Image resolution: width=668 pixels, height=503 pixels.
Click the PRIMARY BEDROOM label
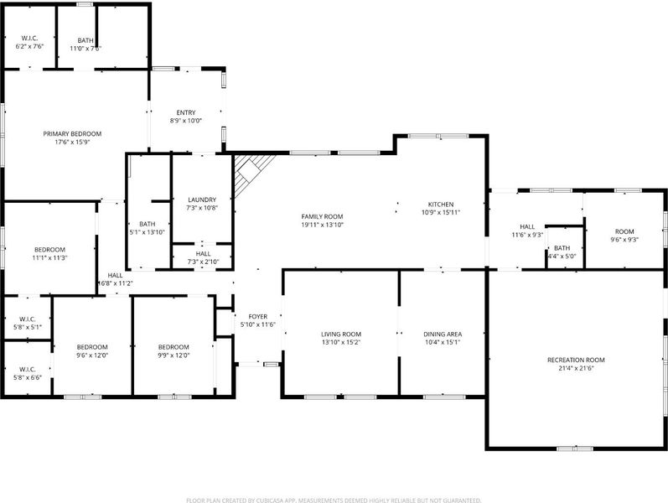click(x=72, y=134)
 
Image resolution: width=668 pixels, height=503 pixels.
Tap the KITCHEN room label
click(x=441, y=205)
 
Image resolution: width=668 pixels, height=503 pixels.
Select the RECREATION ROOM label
click(x=576, y=360)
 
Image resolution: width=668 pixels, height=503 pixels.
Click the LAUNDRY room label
click(x=202, y=200)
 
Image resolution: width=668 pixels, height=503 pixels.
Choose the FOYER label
click(x=258, y=317)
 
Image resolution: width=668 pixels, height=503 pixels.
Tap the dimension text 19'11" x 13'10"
click(x=322, y=225)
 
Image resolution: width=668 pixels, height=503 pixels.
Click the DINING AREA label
click(x=443, y=334)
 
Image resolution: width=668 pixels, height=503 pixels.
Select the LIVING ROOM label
click(x=341, y=334)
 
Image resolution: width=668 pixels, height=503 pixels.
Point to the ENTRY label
click(x=186, y=113)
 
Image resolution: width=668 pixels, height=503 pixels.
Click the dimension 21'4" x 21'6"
click(x=576, y=368)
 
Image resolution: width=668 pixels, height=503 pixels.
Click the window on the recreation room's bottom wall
click(x=575, y=449)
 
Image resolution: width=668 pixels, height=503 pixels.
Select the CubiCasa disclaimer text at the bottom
click(x=334, y=500)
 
